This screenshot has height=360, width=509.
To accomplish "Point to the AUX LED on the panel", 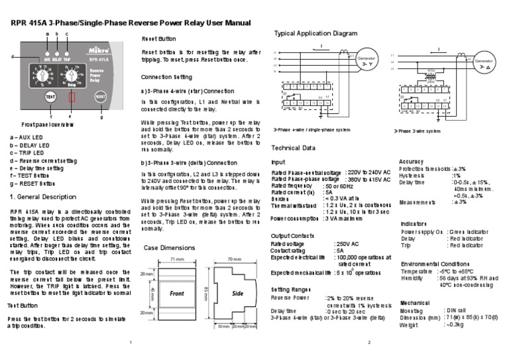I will [x=47, y=50].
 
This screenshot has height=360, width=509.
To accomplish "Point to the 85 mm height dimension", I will [x=207, y=292].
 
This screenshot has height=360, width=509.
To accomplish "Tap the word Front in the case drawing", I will [x=176, y=292].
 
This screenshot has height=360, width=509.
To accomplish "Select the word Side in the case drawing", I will [x=237, y=292].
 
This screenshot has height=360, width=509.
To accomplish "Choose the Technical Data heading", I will [x=294, y=147].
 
